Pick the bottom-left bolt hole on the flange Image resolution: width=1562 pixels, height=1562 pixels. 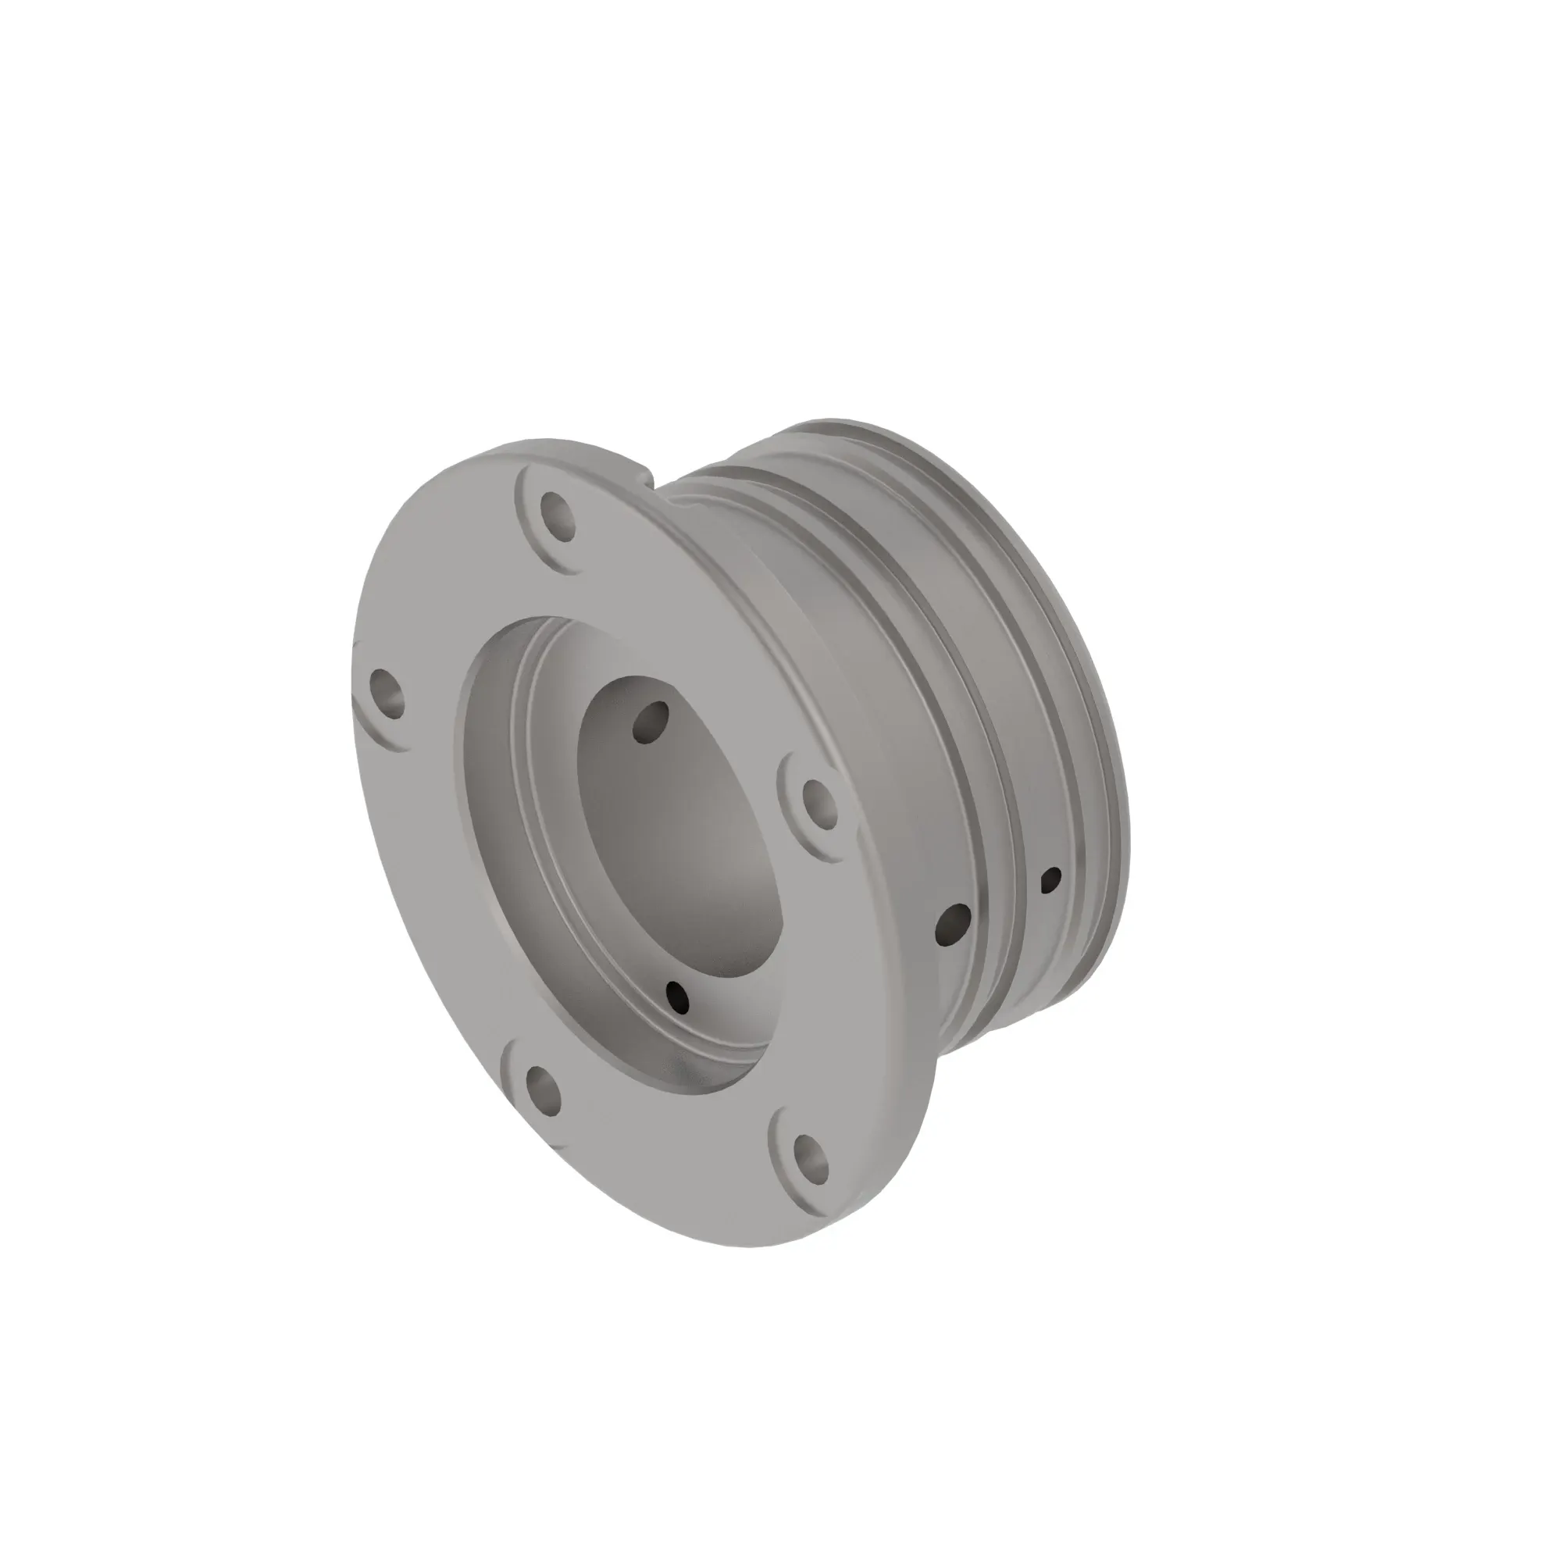(x=544, y=1089)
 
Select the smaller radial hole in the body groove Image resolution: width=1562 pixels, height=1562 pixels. (x=1053, y=879)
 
